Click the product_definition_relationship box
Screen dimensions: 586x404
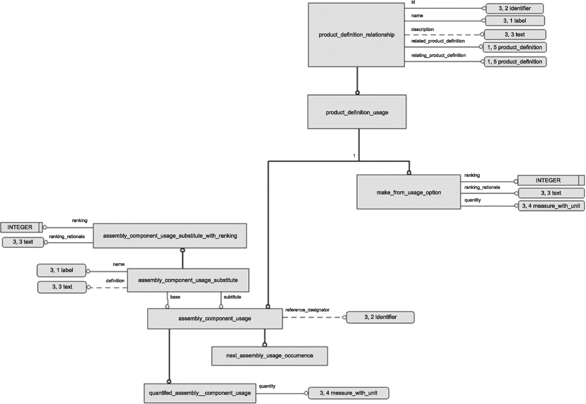(x=356, y=35)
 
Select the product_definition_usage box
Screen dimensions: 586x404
(x=357, y=112)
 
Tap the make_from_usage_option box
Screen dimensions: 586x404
(x=409, y=192)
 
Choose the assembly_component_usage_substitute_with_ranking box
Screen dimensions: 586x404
(x=170, y=236)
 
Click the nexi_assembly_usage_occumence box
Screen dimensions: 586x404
(x=270, y=356)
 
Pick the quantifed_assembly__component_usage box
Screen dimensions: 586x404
(x=200, y=393)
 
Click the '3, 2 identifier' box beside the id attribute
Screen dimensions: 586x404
(x=515, y=8)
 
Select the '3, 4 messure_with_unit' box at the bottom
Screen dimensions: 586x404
(x=349, y=393)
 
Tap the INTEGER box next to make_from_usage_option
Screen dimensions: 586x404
(x=551, y=180)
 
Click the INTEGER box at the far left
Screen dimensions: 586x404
(x=22, y=227)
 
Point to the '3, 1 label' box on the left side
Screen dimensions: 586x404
(x=62, y=270)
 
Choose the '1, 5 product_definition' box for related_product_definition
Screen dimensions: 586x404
(x=515, y=47)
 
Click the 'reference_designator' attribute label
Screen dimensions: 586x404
(x=307, y=310)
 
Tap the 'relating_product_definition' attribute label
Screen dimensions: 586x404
(x=438, y=55)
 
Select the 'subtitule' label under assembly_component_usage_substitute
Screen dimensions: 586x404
(x=232, y=297)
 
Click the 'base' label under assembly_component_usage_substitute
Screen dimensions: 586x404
(x=175, y=297)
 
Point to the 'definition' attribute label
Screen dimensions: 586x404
(x=115, y=281)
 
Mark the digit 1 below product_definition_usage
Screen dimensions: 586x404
(x=354, y=156)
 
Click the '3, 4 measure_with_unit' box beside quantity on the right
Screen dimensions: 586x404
(x=551, y=206)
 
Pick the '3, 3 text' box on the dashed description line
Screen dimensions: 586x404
(x=515, y=34)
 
